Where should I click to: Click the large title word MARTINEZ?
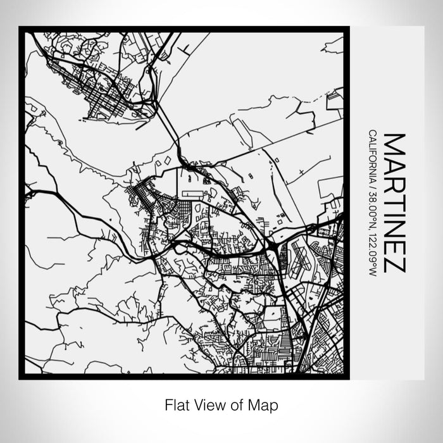tap(394, 203)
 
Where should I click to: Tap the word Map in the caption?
tap(265, 404)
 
